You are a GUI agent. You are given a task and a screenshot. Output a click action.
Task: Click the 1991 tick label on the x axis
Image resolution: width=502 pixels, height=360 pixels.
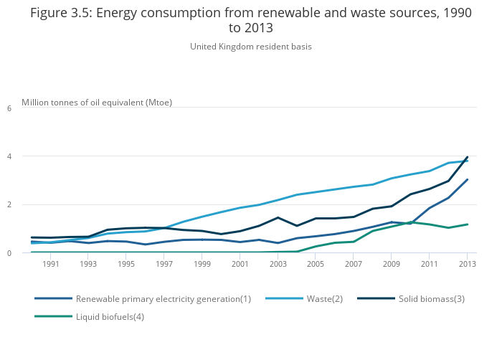(50, 265)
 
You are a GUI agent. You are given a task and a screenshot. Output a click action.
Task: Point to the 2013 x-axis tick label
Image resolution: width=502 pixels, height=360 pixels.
(467, 265)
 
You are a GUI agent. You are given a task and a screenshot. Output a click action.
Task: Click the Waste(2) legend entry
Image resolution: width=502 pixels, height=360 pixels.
(324, 298)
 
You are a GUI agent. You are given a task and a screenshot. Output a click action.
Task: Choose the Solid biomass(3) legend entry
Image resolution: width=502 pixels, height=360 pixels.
(431, 298)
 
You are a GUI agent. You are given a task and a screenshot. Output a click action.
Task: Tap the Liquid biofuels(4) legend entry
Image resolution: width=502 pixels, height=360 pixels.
(110, 316)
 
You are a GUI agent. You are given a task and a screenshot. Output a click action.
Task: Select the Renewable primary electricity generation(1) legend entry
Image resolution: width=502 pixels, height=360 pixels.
(163, 298)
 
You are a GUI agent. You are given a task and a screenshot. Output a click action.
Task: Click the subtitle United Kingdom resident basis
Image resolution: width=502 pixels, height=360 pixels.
(251, 47)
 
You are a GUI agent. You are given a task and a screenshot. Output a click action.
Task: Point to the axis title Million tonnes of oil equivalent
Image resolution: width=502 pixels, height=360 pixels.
(97, 102)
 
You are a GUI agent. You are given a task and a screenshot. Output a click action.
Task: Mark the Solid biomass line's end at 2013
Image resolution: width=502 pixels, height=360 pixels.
(468, 157)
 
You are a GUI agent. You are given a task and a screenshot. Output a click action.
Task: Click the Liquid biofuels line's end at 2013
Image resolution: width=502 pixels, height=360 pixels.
(468, 224)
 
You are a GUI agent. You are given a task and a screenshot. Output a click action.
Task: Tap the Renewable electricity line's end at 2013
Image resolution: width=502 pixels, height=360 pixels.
(468, 180)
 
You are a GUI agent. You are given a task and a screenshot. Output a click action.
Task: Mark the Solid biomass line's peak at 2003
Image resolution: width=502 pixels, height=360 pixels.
(278, 217)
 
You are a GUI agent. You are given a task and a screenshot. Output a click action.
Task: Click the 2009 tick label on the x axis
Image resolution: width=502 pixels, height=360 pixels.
(392, 265)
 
